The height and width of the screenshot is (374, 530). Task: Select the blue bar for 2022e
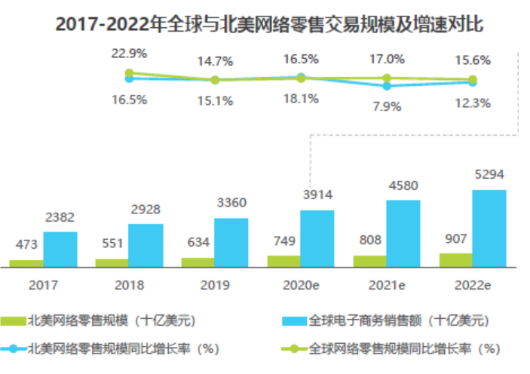[x=489, y=228]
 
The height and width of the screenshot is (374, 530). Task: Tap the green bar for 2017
[x=26, y=263]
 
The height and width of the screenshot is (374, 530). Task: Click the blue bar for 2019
[x=231, y=242]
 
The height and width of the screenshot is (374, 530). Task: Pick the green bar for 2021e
[x=369, y=261]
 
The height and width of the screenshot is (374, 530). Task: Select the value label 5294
[x=489, y=175]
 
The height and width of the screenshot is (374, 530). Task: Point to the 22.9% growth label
[x=129, y=54]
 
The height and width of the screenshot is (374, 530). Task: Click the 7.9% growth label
[x=387, y=106]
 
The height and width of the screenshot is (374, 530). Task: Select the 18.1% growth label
[x=301, y=98]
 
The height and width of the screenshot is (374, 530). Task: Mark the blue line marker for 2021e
[x=387, y=86]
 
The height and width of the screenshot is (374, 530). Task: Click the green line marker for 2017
[x=130, y=73]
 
